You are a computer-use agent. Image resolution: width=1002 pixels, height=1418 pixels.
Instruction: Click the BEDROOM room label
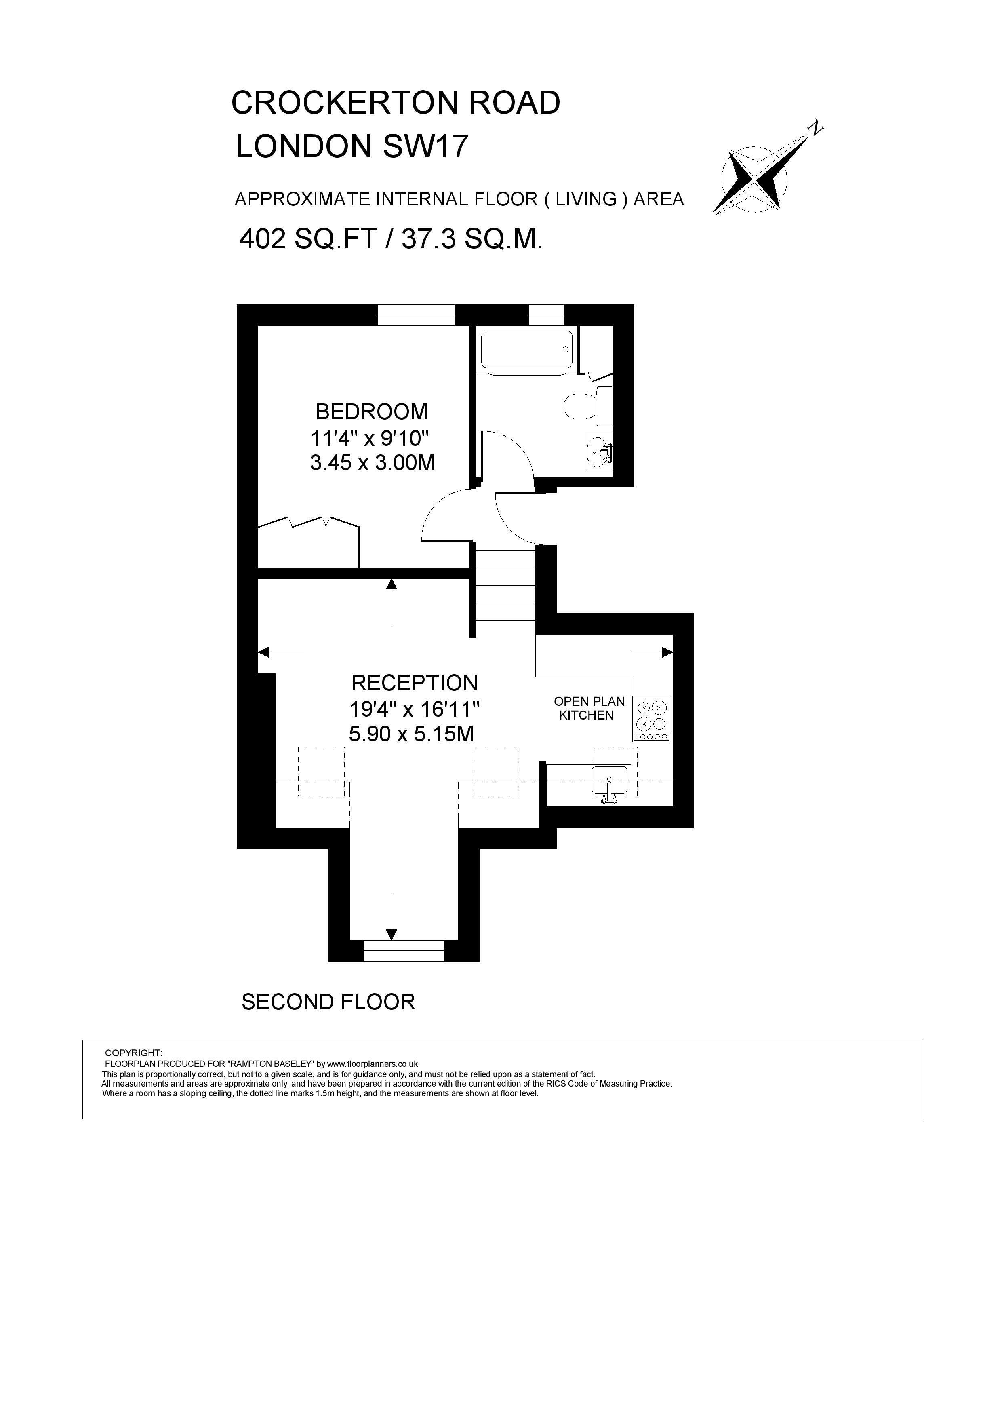click(x=372, y=411)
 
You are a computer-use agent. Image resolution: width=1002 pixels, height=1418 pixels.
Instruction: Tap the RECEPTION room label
click(x=414, y=683)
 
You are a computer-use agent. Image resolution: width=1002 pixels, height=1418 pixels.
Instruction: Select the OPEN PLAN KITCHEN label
click(x=589, y=708)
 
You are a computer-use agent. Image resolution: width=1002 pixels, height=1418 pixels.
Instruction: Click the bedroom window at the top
click(x=416, y=315)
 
